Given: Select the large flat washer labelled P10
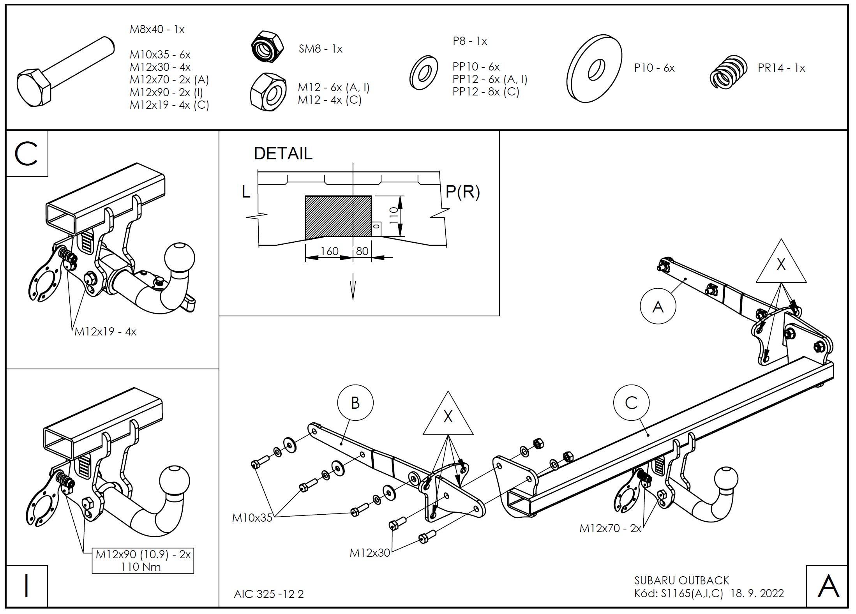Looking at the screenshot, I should pyautogui.click(x=594, y=69).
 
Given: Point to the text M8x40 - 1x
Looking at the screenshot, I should pyautogui.click(x=157, y=29).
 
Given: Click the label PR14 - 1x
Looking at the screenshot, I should pyautogui.click(x=781, y=68).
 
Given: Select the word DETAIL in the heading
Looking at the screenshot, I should pyautogui.click(x=283, y=153).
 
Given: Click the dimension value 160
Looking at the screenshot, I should pyautogui.click(x=329, y=251).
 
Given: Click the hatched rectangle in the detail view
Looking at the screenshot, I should pyautogui.click(x=337, y=217).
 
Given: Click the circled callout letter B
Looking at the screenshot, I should pyautogui.click(x=355, y=403).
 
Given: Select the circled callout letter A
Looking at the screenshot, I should pyautogui.click(x=658, y=307).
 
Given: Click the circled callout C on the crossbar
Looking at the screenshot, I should pyautogui.click(x=631, y=403).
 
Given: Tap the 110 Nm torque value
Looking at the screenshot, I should pyautogui.click(x=141, y=566).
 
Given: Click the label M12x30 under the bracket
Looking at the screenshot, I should pyautogui.click(x=369, y=553).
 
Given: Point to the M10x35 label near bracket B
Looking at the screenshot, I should pyautogui.click(x=252, y=518).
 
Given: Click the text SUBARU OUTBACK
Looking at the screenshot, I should pyautogui.click(x=681, y=580).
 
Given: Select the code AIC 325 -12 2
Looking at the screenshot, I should pyautogui.click(x=268, y=594).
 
